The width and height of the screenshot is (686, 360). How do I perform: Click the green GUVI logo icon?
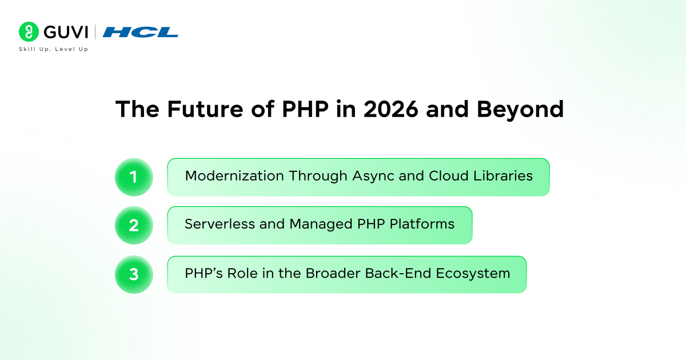pyautogui.click(x=28, y=32)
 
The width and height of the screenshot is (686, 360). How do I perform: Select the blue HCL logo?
pyautogui.click(x=141, y=32)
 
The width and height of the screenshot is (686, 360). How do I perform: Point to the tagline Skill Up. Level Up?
pyautogui.click(x=53, y=50)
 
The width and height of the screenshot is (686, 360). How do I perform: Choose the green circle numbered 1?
pyautogui.click(x=134, y=177)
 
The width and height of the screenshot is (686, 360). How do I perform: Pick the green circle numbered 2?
pyautogui.click(x=134, y=225)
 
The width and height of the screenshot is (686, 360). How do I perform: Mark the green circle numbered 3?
pyautogui.click(x=134, y=274)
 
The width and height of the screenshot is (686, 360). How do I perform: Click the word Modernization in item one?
pyautogui.click(x=234, y=176)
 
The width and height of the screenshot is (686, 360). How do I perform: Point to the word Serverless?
pyautogui.click(x=219, y=225)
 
